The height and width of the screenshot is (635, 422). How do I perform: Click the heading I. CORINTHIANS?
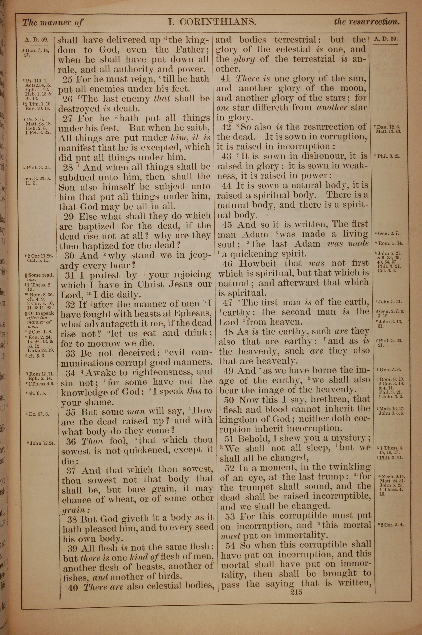click(x=212, y=22)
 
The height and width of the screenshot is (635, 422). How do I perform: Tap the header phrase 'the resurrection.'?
click(x=367, y=22)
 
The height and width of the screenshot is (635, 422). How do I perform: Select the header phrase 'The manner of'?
click(x=53, y=22)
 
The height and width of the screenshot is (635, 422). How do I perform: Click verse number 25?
click(x=68, y=79)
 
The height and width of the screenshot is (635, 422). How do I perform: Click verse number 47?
click(x=228, y=303)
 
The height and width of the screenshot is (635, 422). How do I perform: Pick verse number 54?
click(x=231, y=546)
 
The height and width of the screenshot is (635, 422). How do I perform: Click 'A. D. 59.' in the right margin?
click(x=386, y=39)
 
